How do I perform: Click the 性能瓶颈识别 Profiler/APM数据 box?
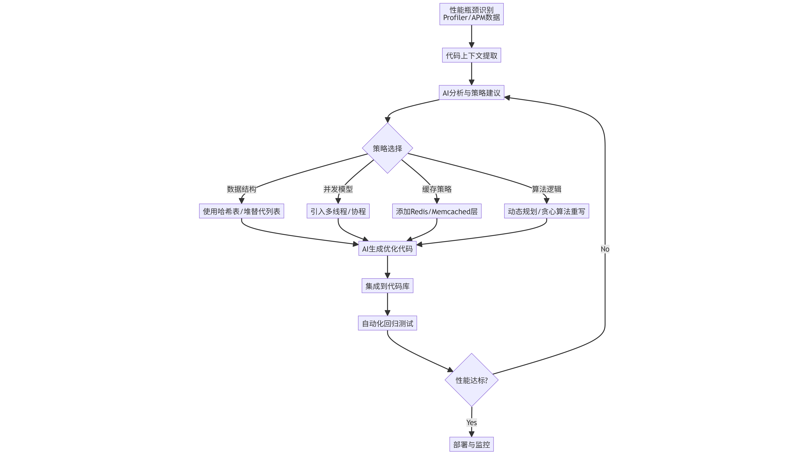(471, 14)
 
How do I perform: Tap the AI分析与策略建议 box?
(471, 93)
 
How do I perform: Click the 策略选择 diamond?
(387, 148)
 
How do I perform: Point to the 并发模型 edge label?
(338, 189)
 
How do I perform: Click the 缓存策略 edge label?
(437, 189)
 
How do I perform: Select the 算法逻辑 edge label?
(546, 189)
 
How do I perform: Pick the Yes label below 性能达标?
(471, 422)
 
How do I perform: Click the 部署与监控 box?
(471, 444)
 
